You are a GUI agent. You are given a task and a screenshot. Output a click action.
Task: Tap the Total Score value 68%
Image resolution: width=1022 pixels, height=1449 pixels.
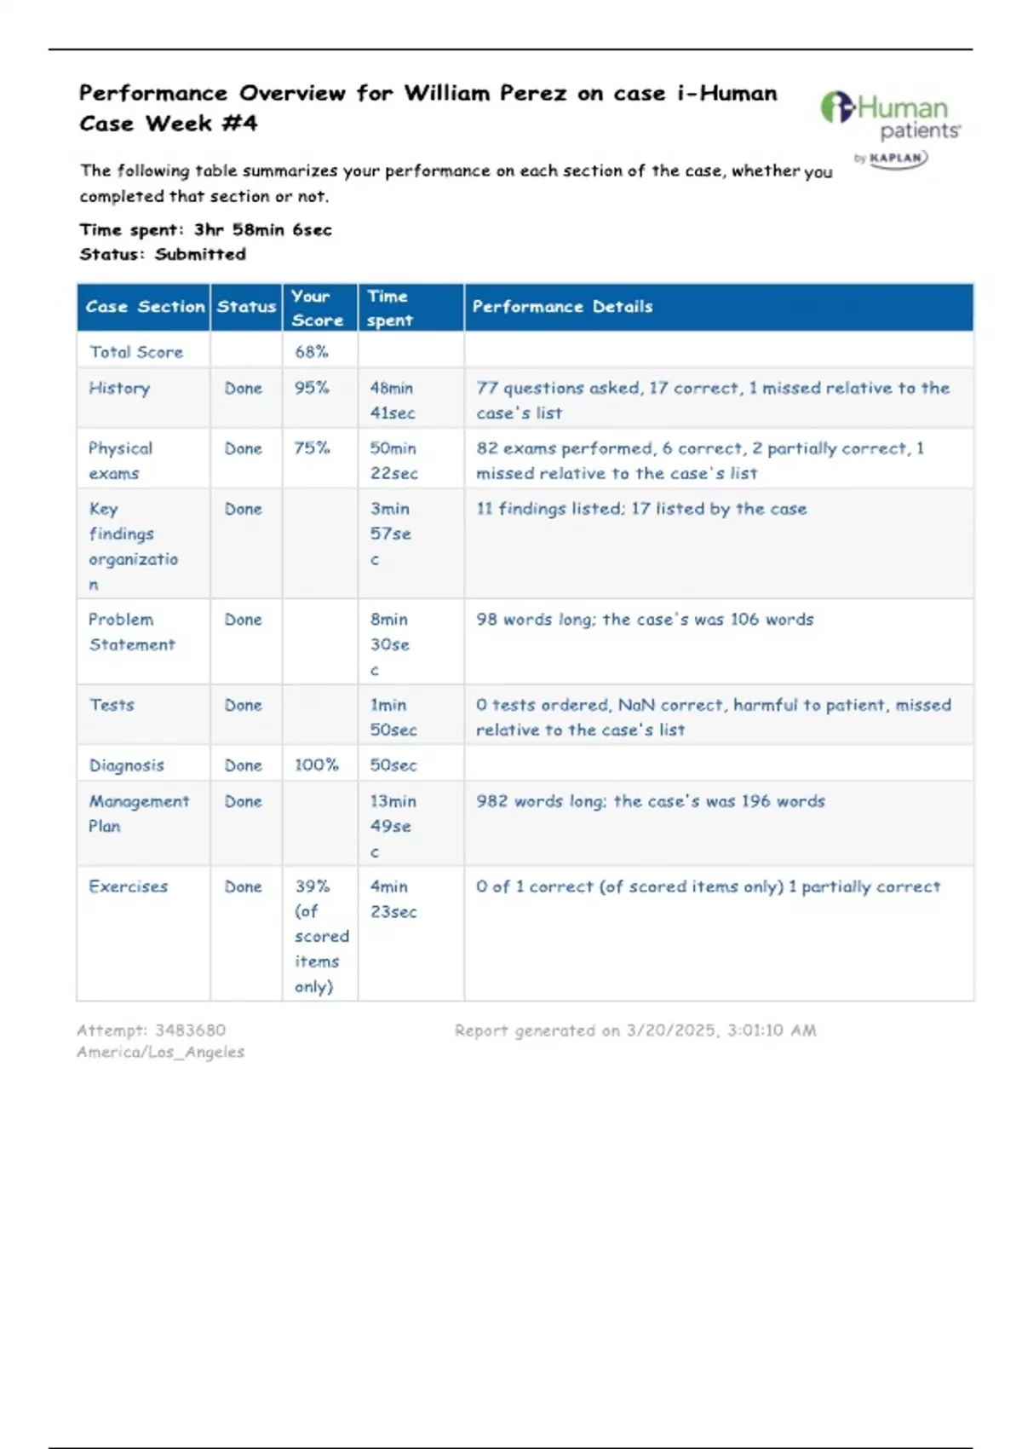coord(312,351)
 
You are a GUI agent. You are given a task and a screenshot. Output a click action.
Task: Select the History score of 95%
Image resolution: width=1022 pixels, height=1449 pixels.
coord(312,388)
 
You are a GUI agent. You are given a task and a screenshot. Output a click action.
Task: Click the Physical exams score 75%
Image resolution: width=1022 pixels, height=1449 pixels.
coord(312,447)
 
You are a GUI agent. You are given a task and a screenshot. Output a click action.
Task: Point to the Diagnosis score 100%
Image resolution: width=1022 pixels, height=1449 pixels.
coord(316,765)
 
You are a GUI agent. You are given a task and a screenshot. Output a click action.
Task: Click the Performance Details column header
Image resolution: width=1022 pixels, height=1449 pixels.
coord(562,307)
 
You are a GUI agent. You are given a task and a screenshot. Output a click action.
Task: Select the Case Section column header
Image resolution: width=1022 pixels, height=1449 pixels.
coord(145,307)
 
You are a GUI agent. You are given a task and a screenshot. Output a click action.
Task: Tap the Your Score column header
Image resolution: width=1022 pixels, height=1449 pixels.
coord(317,308)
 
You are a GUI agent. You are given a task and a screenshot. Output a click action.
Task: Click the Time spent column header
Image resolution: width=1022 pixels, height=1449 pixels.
coord(389,308)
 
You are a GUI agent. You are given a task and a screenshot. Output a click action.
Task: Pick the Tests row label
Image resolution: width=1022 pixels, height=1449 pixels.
coord(112,705)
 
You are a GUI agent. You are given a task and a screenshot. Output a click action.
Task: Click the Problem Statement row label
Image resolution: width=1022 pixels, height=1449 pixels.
coord(131,632)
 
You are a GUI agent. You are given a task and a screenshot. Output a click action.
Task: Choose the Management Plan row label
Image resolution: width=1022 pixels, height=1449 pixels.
coord(139,813)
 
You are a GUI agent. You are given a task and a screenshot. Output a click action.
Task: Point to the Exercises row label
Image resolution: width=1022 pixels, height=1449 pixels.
coord(128,886)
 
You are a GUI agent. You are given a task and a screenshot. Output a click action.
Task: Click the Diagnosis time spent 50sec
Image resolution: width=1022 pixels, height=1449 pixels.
coord(393,765)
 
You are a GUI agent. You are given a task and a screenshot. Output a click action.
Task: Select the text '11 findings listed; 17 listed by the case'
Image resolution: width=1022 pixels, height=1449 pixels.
coord(640,509)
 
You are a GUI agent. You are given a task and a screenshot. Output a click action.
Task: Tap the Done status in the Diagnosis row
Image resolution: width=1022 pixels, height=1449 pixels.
coord(243,765)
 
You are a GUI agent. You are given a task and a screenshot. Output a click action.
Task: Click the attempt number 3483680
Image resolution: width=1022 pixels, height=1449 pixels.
coord(190,1030)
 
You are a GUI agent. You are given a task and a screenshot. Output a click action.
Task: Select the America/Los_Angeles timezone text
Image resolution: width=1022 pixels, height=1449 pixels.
coord(160,1052)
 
